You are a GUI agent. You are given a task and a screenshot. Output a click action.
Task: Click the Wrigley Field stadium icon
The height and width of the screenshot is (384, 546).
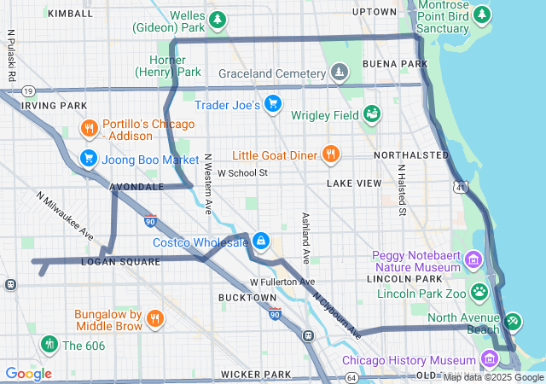[x=371, y=113]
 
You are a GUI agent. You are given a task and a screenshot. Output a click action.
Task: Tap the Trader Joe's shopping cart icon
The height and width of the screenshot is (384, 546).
[x=272, y=105]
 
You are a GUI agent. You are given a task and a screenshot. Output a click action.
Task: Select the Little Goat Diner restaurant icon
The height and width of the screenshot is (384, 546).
[x=330, y=154]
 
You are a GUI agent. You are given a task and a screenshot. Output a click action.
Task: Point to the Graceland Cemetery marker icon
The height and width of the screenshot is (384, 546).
[x=340, y=73]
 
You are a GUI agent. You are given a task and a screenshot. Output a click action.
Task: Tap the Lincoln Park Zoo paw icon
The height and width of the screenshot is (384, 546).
[x=479, y=293]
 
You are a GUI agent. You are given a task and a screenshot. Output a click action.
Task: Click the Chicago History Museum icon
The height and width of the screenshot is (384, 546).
[x=490, y=358]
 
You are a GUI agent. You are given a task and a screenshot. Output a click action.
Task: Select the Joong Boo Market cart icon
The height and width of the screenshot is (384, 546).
[x=88, y=158]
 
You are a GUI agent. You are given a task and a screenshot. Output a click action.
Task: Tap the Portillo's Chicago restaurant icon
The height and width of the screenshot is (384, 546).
[x=90, y=130]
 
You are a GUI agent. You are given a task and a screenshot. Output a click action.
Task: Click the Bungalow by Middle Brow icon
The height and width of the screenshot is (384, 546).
[x=154, y=319]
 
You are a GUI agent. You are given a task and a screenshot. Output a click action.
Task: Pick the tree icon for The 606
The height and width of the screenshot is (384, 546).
[x=49, y=345]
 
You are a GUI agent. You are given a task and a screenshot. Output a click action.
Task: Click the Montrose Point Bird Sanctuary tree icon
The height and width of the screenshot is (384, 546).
[x=483, y=15]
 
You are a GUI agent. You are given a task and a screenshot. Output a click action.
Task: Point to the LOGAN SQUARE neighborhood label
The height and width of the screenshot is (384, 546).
[x=119, y=262]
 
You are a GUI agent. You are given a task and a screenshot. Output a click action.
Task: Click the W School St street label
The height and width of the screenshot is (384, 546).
[x=242, y=172]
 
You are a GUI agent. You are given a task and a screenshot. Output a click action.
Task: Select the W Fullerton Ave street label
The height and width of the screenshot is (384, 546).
[x=282, y=282]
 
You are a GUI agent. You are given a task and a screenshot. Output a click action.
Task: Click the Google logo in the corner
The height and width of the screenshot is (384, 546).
[x=28, y=374]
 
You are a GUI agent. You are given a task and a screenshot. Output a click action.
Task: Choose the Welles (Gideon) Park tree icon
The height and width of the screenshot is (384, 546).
[x=218, y=19]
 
